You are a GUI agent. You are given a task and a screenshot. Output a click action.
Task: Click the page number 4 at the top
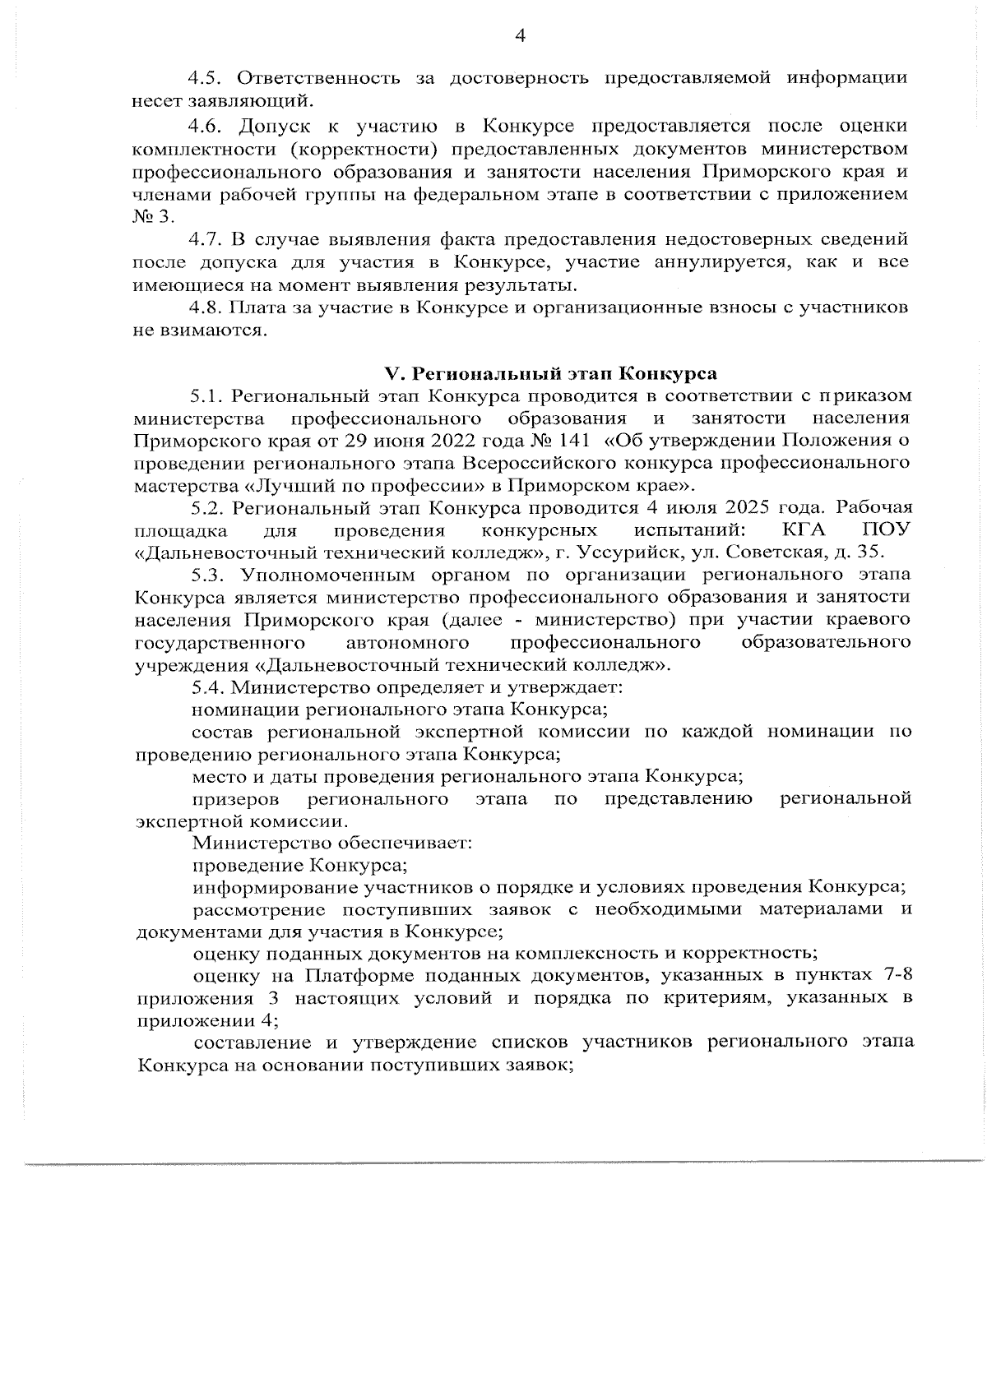coord(519,35)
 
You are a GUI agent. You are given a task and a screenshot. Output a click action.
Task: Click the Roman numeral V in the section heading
coord(392,374)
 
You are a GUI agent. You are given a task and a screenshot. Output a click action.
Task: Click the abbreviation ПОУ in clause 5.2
coord(886,529)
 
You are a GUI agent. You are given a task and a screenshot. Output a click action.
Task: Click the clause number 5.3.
coord(207,574)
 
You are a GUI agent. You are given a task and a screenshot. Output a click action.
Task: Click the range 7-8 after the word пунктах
coord(893,976)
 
